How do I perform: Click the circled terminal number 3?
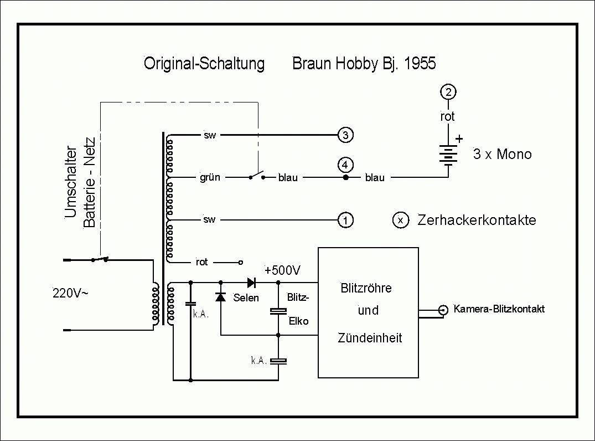[x=345, y=135]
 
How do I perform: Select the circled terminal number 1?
[x=345, y=220]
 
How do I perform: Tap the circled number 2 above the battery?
[x=448, y=92]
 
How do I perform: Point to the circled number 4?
[x=345, y=165]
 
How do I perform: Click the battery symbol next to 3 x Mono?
[x=448, y=155]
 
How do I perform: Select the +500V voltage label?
[x=283, y=270]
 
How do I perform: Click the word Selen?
[x=246, y=298]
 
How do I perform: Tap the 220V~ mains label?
[x=70, y=293]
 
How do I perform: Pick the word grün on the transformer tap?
[x=210, y=177]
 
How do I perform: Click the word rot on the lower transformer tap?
[x=202, y=262]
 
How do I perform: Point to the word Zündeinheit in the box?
[x=370, y=338]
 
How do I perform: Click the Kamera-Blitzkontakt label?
[x=499, y=309]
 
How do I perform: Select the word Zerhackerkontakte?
[x=477, y=220]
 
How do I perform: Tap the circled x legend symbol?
[x=401, y=220]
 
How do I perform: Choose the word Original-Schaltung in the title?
[x=204, y=63]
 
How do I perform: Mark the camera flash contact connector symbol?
[x=443, y=310]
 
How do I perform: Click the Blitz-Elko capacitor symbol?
[x=278, y=311]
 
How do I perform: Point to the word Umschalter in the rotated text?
[x=71, y=182]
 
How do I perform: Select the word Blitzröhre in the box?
[x=366, y=288]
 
